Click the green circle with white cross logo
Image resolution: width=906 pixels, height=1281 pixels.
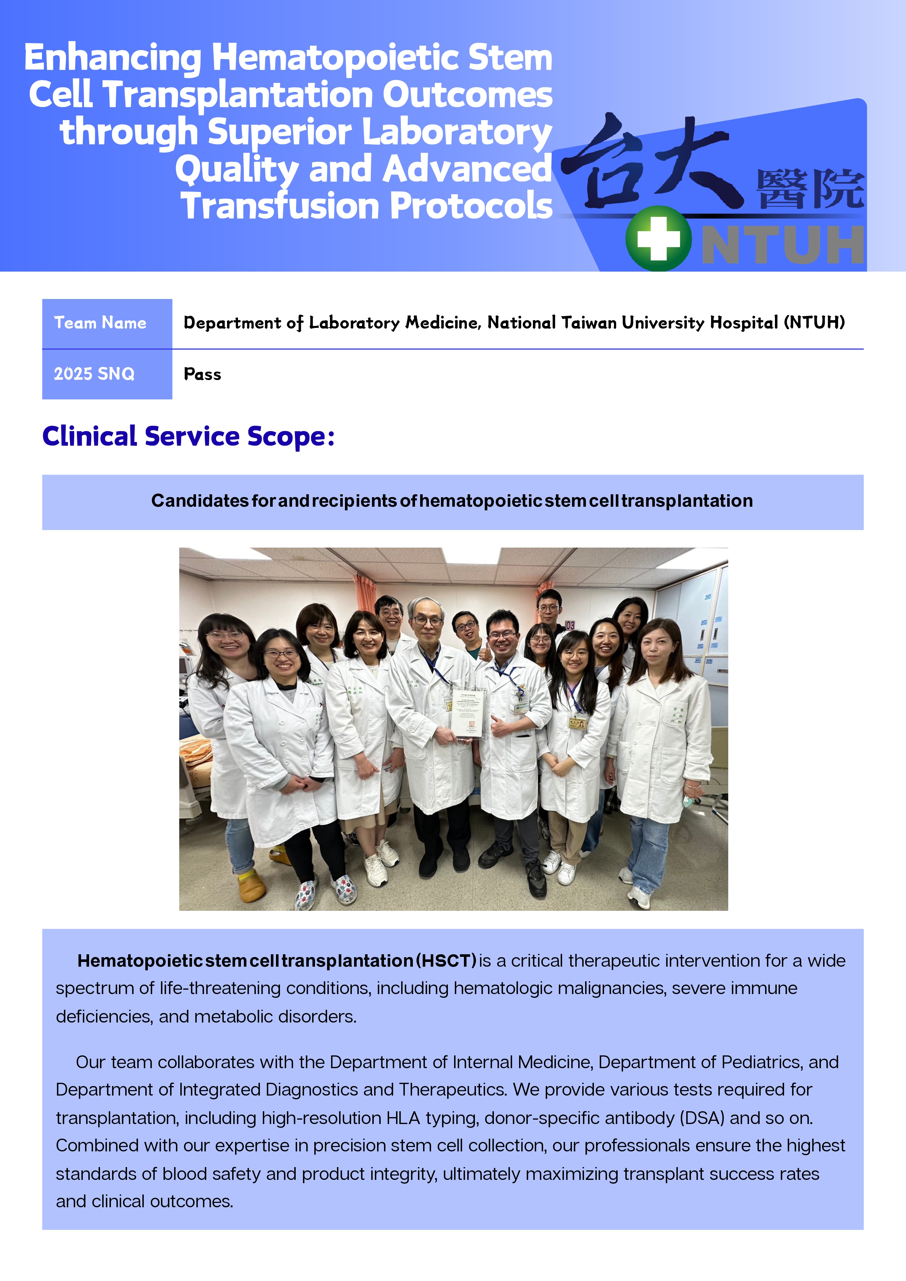click(658, 239)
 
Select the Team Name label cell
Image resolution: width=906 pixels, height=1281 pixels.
click(107, 323)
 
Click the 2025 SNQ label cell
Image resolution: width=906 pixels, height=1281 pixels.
click(107, 374)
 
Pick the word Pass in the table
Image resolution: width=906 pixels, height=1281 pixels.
click(203, 374)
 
